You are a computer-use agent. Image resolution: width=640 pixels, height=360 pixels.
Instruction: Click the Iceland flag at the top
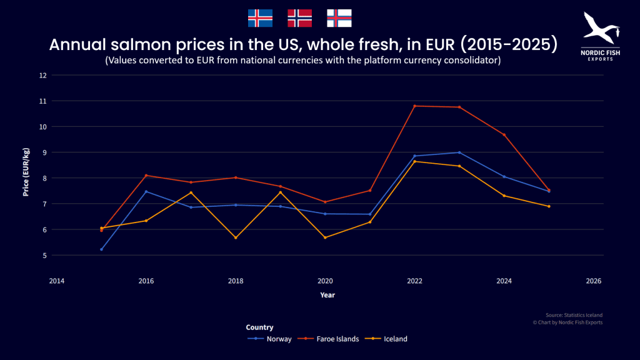[260, 18]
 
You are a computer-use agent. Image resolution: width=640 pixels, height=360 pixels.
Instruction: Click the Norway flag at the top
[299, 18]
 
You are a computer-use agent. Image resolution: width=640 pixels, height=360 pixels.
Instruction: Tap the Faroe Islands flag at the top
[339, 18]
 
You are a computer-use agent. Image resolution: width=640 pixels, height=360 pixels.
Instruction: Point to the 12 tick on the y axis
[43, 75]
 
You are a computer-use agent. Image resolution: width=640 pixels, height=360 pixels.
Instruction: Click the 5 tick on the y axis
[44, 255]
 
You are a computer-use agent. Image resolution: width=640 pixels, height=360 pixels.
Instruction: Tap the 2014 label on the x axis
[57, 281]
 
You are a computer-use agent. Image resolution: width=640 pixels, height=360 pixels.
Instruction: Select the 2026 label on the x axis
[593, 281]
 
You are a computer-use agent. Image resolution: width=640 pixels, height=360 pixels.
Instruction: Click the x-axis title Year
[327, 294]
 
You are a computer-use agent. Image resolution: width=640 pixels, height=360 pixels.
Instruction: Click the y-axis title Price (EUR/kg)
[26, 172]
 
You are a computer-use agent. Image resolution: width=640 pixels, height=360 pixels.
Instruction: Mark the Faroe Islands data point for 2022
[414, 106]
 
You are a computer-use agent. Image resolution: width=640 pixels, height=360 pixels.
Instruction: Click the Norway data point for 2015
[101, 249]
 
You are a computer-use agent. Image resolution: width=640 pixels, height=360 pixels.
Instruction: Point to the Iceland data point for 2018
[236, 237]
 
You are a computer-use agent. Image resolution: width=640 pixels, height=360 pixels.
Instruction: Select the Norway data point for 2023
[459, 152]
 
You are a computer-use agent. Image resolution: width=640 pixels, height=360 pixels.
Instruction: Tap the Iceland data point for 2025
[549, 206]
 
